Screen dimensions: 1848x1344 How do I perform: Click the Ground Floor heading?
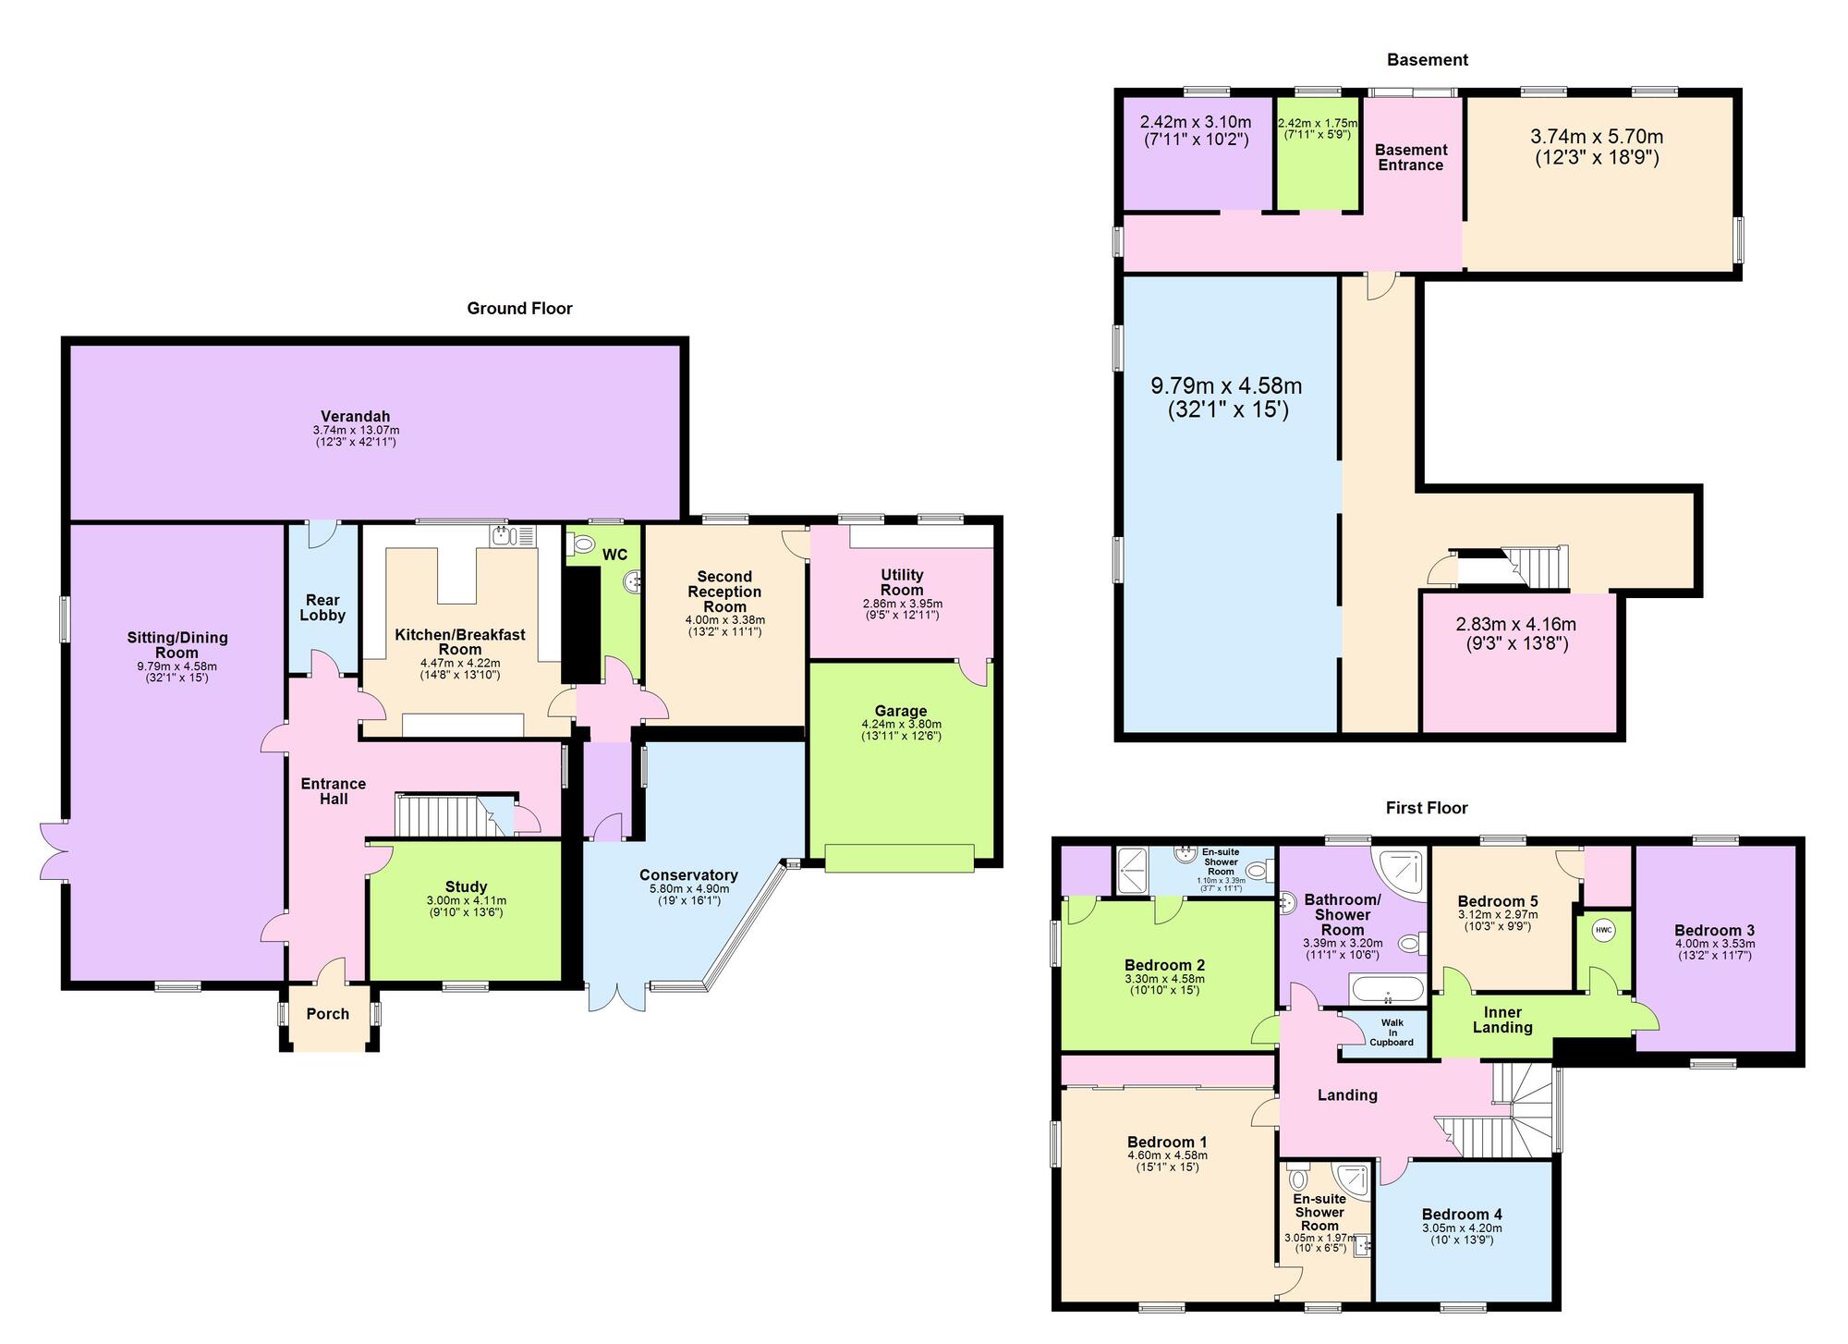(x=519, y=309)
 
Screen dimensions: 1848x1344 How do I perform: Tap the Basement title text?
(x=1427, y=60)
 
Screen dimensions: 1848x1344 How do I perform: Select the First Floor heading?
(x=1427, y=808)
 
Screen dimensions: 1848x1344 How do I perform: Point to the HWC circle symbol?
(x=1603, y=930)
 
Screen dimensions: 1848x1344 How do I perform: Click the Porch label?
(x=328, y=1014)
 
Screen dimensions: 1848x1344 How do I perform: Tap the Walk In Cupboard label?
(x=1392, y=1032)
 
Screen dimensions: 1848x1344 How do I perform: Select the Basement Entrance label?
(x=1411, y=157)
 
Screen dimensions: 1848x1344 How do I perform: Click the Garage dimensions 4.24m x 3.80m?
(x=901, y=724)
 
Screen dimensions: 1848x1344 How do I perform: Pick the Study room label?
(x=466, y=886)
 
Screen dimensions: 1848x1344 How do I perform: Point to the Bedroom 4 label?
(x=1462, y=1215)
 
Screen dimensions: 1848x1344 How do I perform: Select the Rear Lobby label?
(x=322, y=607)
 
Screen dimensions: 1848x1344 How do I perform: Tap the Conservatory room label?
(x=688, y=875)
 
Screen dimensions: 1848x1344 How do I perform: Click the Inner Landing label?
(x=1502, y=1020)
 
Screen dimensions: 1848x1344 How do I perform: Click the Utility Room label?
(x=902, y=582)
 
